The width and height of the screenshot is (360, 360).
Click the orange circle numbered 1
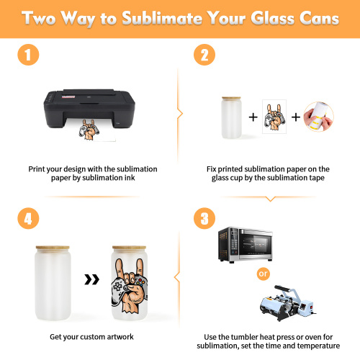(28, 55)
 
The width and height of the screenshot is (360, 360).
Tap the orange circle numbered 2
(204, 55)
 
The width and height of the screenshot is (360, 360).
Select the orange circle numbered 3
(204, 218)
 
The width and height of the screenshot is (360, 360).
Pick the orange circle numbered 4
(28, 218)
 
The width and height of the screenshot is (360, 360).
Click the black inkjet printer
(89, 109)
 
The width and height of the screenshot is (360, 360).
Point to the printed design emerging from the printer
(89, 130)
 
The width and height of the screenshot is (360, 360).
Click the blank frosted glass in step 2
(231, 117)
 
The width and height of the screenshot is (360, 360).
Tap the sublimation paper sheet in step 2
(274, 117)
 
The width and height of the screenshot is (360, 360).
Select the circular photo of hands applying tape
(319, 117)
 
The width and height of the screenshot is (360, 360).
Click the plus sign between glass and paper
(253, 117)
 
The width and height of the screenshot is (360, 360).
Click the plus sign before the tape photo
(296, 117)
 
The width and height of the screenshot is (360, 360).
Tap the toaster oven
(246, 244)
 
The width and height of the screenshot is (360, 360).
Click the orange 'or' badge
(264, 274)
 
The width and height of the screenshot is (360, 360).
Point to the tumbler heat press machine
(287, 303)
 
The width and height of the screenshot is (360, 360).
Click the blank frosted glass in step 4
(53, 283)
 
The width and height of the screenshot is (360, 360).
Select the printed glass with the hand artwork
(130, 283)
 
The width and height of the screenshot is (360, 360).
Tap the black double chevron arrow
(92, 279)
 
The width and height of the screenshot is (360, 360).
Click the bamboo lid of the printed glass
(129, 248)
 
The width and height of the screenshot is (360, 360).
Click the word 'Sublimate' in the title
(162, 18)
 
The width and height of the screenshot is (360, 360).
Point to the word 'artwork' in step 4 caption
(120, 337)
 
